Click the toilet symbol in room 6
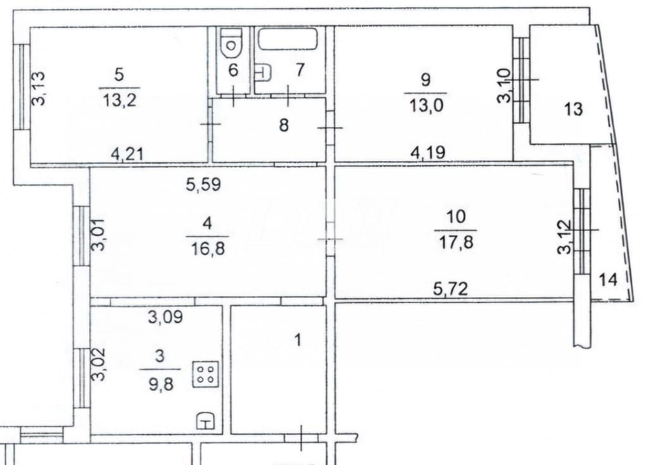230,44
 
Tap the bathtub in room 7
288,39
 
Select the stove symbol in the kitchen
206,375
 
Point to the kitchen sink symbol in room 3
206,420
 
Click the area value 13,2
120,101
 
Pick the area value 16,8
208,249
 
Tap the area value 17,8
456,242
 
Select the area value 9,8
160,385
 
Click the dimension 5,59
203,184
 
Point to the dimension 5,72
451,288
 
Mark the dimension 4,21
127,154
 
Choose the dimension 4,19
428,152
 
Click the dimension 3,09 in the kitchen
165,318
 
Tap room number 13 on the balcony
573,109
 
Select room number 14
608,280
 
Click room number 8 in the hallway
283,125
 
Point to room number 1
298,340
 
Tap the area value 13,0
427,106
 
